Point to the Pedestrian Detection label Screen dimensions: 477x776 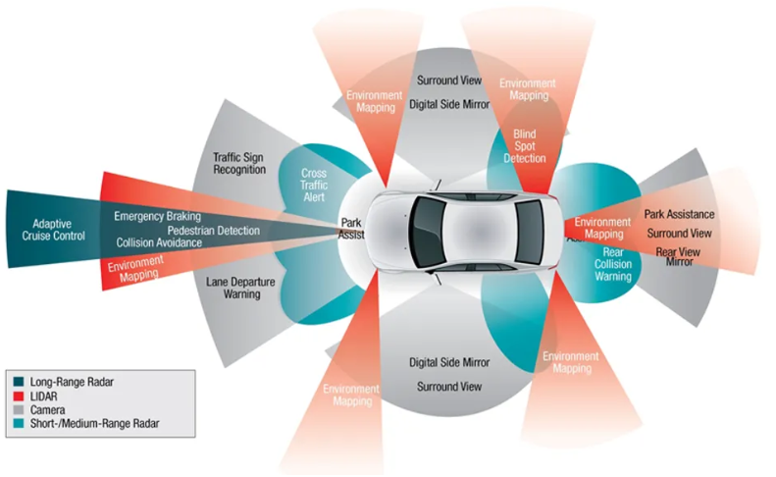[x=186, y=230]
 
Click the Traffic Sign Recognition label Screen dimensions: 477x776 [x=239, y=163]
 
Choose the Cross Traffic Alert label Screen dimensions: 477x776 [x=314, y=185]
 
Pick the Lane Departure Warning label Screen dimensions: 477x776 [x=240, y=289]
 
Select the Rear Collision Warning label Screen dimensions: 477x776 [x=612, y=264]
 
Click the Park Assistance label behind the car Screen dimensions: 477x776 [x=678, y=213]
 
